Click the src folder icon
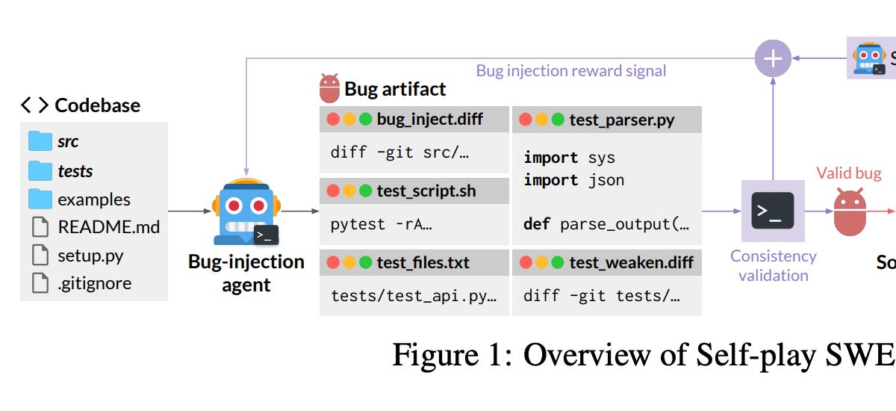coord(40,141)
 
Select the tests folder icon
coord(40,171)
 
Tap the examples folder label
coord(94,200)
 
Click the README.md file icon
coord(40,227)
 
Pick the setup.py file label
coord(90,256)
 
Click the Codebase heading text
coord(97,105)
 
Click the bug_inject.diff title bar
coord(414,119)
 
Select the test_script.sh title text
coord(426,191)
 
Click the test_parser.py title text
coord(622,120)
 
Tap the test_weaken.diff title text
coord(631,262)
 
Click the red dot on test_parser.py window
coord(525,120)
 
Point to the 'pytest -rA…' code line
coord(382,223)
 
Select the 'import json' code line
coord(573,180)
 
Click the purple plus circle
coord(773,58)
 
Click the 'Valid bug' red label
coord(848,173)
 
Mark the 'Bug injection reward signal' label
coord(571,71)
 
